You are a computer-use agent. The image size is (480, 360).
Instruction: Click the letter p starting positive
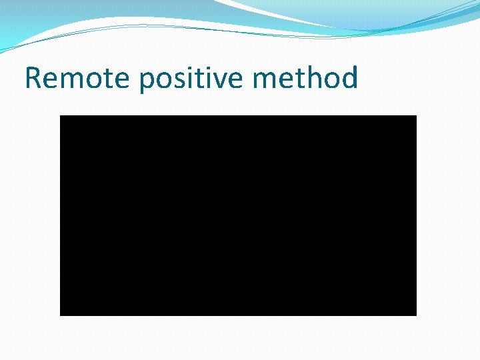pyautogui.click(x=147, y=81)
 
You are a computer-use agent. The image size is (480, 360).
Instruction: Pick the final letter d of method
pyautogui.click(x=349, y=78)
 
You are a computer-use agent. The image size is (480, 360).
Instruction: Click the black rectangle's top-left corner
pyautogui.click(x=61, y=116)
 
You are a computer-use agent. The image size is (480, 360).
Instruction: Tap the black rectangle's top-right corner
pyautogui.click(x=416, y=116)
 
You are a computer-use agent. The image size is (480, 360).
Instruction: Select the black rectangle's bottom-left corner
pyautogui.click(x=61, y=315)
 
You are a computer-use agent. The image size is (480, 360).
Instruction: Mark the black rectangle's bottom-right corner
pyautogui.click(x=416, y=315)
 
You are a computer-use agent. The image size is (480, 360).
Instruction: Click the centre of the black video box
pyautogui.click(x=238, y=215)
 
